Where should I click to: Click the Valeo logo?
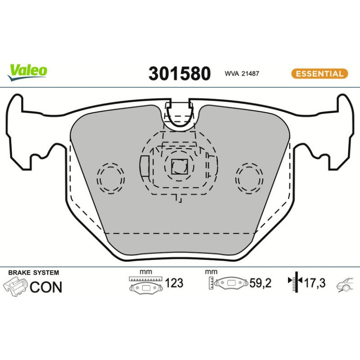click(x=28, y=72)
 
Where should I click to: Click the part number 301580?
click(x=180, y=73)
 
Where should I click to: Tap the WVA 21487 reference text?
click(x=242, y=73)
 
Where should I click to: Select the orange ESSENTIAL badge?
click(x=320, y=74)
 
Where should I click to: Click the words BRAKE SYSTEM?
click(x=34, y=273)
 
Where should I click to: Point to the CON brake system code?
click(x=46, y=287)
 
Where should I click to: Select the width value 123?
click(x=174, y=283)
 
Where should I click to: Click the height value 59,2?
click(x=260, y=283)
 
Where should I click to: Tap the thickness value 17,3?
click(x=315, y=283)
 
